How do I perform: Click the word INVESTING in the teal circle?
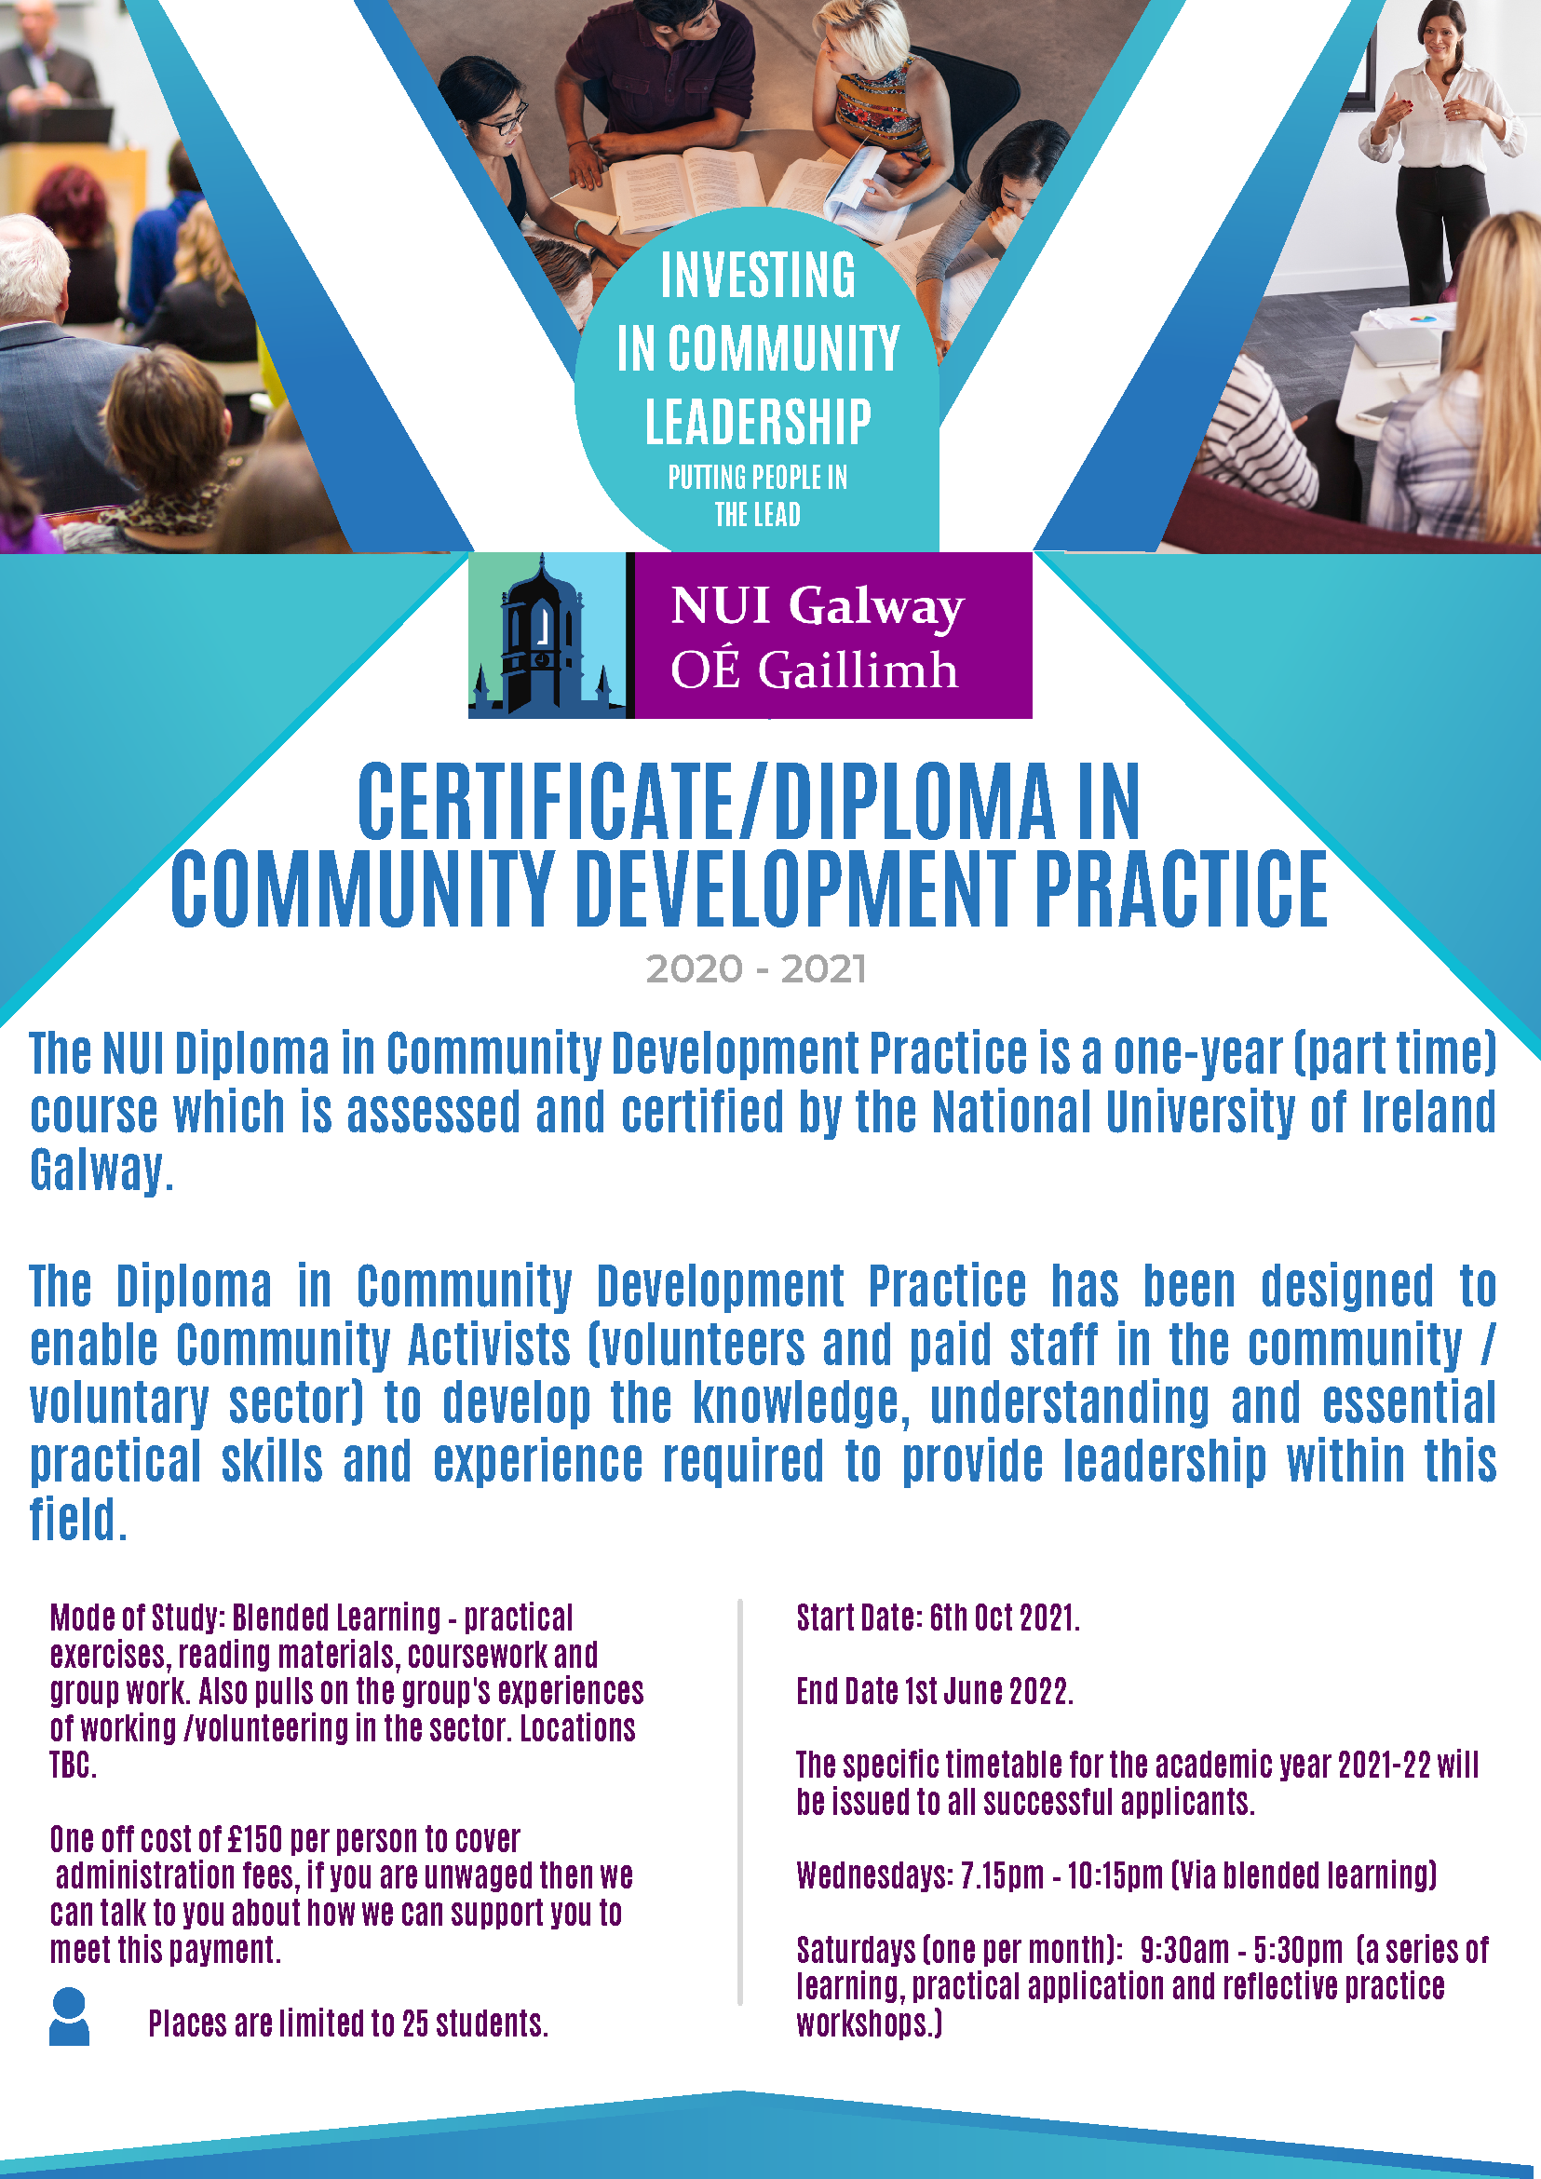[x=757, y=275]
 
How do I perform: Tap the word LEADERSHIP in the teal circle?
[x=757, y=422]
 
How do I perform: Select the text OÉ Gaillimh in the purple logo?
[x=813, y=670]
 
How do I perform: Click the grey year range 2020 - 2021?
[x=755, y=970]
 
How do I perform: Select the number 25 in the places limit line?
[x=414, y=2023]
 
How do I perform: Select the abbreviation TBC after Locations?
[x=71, y=1766]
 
